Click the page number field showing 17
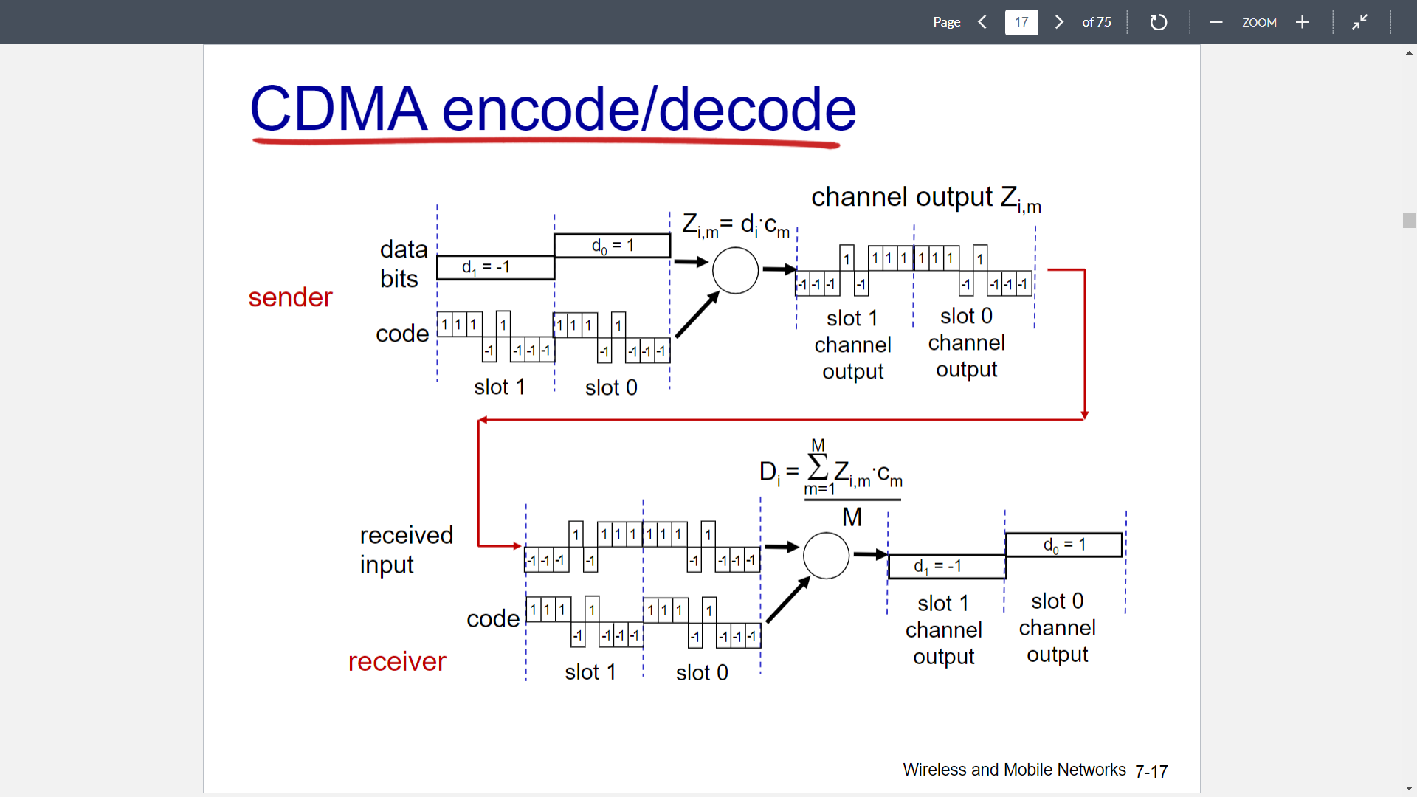[x=1021, y=22]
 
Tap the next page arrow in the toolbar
[x=1059, y=22]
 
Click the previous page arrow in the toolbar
[x=982, y=22]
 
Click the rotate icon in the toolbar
[x=1158, y=22]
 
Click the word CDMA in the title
[x=338, y=109]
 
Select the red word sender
[x=290, y=297]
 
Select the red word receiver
[x=397, y=662]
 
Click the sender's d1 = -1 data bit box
[x=495, y=267]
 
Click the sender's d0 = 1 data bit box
[x=612, y=246]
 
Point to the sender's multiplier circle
[x=735, y=271]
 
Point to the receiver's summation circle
[x=826, y=556]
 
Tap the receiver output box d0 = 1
[x=1063, y=545]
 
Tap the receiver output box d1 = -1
[x=946, y=567]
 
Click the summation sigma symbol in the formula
[x=818, y=466]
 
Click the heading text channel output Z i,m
[x=925, y=198]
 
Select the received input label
[x=406, y=550]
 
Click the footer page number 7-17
[x=1151, y=771]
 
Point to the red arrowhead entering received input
[x=517, y=546]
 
